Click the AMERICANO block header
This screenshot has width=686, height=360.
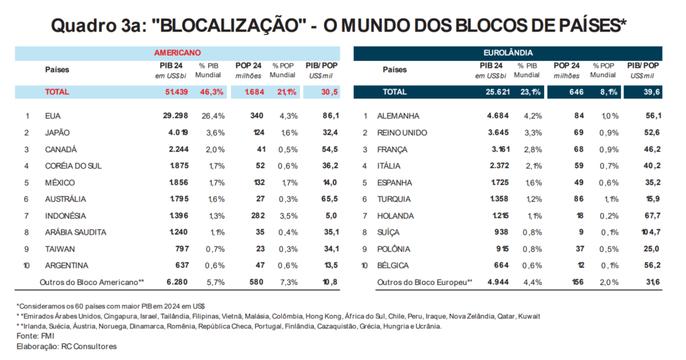tap(178, 52)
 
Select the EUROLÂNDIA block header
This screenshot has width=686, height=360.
tap(508, 52)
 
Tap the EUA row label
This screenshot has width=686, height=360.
tap(53, 116)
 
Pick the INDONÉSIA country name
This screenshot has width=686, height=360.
tap(65, 216)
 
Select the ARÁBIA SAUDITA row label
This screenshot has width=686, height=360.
tap(75, 233)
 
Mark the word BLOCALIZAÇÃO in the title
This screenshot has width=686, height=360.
tap(229, 25)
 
